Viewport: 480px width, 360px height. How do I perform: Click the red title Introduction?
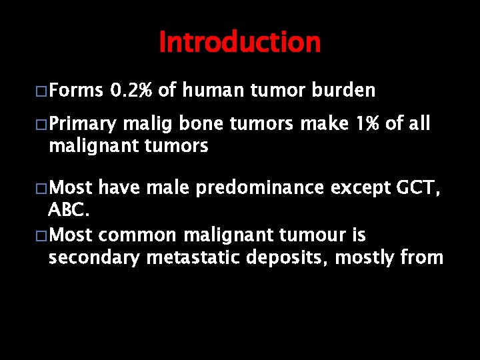(x=240, y=42)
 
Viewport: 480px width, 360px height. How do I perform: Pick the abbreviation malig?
(x=139, y=125)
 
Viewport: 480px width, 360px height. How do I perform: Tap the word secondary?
(x=92, y=257)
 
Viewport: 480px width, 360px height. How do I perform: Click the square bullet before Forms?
(x=41, y=91)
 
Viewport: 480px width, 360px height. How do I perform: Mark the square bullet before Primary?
(x=41, y=125)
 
